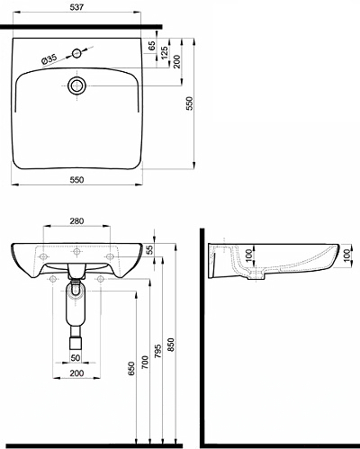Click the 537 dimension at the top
(x=76, y=7)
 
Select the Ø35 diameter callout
(x=49, y=59)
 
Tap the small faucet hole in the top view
(x=76, y=53)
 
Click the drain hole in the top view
(x=77, y=85)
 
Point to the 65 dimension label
(x=152, y=46)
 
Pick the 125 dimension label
(x=165, y=53)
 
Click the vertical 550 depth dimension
(x=190, y=103)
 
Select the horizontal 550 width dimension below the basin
(x=76, y=180)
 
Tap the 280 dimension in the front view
(x=76, y=221)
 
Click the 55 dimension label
(x=149, y=249)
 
